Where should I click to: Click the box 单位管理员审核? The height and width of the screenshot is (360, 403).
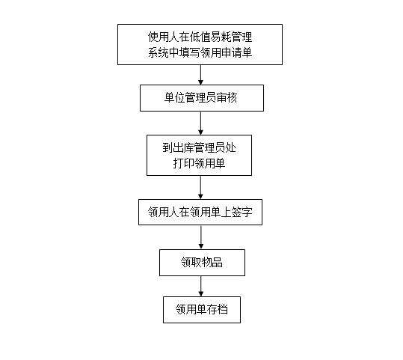click(x=202, y=98)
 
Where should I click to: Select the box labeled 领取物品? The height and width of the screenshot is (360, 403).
click(x=202, y=263)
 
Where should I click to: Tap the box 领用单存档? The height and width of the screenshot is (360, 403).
click(x=202, y=310)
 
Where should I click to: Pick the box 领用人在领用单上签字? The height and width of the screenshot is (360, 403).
click(x=200, y=212)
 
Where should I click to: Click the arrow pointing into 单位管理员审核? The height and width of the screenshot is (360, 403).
click(x=200, y=75)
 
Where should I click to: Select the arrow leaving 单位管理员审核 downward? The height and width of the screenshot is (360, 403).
click(x=200, y=123)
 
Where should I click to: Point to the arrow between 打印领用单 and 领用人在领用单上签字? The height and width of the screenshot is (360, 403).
click(x=200, y=187)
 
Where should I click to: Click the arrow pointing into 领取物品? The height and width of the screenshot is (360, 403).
click(x=201, y=237)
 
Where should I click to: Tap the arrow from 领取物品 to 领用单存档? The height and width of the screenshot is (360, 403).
click(x=201, y=286)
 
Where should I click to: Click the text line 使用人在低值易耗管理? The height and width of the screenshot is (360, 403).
click(x=200, y=37)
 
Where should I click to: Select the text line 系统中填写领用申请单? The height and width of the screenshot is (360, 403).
click(x=200, y=52)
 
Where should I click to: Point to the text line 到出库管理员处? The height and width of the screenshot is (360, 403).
click(x=199, y=147)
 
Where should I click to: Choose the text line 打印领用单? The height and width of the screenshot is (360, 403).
click(x=199, y=163)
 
